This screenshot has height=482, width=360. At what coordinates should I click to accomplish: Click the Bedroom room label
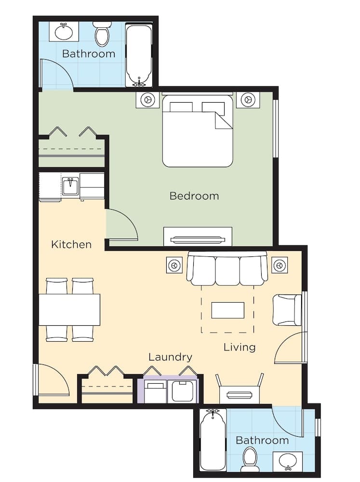194,196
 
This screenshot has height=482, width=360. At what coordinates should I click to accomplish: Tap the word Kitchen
71,244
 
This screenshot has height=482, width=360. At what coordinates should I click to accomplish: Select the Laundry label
170,357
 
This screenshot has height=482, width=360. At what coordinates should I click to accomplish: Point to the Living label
239,347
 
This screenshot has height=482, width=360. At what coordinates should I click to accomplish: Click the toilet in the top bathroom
102,35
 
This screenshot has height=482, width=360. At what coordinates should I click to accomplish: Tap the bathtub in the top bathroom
139,54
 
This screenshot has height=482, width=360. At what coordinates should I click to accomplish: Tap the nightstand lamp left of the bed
147,100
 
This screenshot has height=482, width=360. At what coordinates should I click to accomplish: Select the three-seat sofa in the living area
227,269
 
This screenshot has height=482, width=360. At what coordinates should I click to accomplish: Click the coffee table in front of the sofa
227,310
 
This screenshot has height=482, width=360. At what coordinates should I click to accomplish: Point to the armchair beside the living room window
287,310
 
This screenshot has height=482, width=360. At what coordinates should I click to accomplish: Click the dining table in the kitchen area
69,309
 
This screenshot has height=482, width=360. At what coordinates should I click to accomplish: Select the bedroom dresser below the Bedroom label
198,237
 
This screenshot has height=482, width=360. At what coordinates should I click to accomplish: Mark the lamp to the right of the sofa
279,265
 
